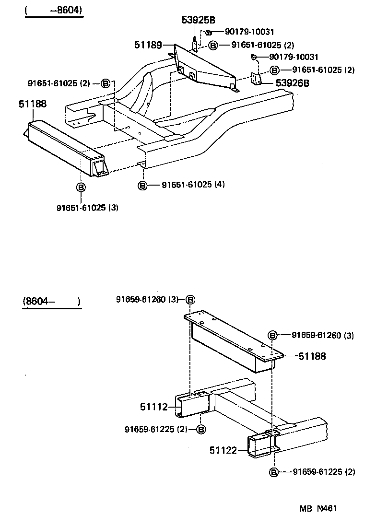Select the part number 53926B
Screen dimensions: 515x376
click(292, 83)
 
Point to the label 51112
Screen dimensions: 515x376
click(154, 407)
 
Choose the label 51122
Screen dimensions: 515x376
click(223, 450)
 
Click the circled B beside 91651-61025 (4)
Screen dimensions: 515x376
click(142, 185)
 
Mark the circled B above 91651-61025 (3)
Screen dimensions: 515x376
click(81, 187)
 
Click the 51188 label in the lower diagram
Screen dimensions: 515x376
click(312, 356)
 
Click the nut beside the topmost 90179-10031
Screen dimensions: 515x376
click(209, 33)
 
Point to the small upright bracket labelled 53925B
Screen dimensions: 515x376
click(194, 44)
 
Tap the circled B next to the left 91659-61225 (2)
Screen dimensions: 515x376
click(201, 429)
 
